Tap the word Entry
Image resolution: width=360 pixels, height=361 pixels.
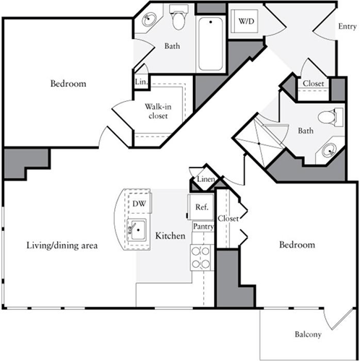pos(348,27)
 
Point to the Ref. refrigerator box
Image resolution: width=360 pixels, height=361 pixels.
pos(202,207)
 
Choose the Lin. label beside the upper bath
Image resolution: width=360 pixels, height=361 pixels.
pos(140,83)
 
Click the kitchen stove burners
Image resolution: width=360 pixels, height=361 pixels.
pos(200,258)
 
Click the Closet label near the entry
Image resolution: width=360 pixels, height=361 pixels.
pos(313,84)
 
